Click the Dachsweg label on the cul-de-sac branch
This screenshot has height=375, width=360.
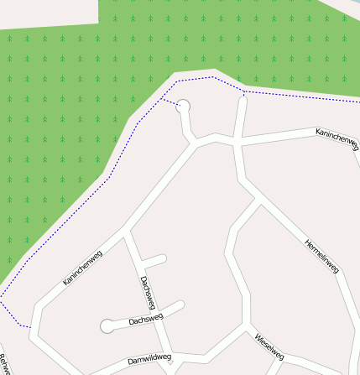click(146, 320)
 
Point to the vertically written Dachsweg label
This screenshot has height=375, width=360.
click(148, 291)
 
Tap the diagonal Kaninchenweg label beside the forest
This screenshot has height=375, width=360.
click(82, 268)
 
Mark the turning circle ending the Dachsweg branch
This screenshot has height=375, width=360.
click(107, 326)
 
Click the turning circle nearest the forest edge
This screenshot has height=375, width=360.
click(183, 106)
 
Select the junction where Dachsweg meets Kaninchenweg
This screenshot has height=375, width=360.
click(127, 231)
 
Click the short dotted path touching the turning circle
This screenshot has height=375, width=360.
click(170, 102)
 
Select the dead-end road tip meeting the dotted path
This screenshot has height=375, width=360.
click(243, 94)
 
